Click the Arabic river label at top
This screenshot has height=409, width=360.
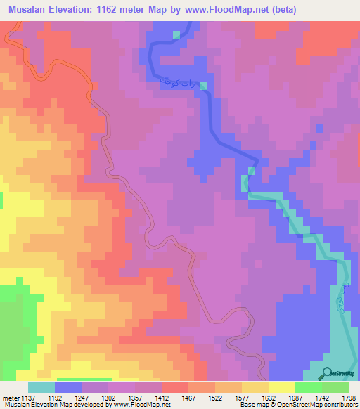(x=177, y=84)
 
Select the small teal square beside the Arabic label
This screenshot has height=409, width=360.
(x=204, y=86)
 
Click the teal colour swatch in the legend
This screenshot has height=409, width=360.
(x=41, y=387)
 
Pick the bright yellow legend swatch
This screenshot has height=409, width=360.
(x=281, y=387)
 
